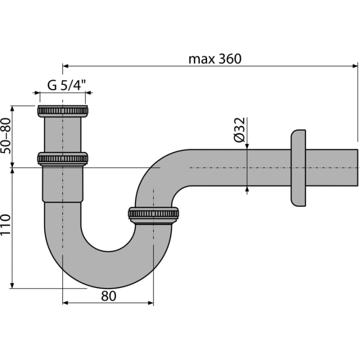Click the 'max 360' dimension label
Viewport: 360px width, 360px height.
click(x=215, y=59)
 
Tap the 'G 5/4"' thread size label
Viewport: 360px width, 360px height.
click(x=66, y=85)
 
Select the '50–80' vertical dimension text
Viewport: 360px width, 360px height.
click(x=5, y=135)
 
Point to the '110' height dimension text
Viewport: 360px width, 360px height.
click(x=5, y=224)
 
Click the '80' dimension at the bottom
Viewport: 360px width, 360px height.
click(x=108, y=296)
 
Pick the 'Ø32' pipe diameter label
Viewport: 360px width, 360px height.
click(x=239, y=129)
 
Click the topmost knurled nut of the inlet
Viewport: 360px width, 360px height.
click(x=62, y=111)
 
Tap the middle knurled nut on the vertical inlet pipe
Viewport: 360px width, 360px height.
click(x=62, y=159)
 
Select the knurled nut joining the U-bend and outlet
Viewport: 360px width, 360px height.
click(x=153, y=215)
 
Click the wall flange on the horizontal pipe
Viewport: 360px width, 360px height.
click(x=298, y=168)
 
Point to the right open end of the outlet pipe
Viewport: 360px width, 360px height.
click(x=357, y=167)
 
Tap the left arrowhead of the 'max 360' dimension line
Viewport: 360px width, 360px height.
click(x=65, y=66)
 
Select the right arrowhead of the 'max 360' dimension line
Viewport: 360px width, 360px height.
click(x=354, y=66)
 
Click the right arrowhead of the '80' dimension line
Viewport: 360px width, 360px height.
click(x=150, y=303)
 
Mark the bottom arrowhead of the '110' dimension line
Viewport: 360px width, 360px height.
click(x=12, y=285)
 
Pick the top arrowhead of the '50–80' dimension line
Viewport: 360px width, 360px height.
click(x=12, y=109)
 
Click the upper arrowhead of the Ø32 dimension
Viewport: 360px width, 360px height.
click(x=247, y=146)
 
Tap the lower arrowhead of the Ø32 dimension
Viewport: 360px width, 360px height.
click(x=247, y=189)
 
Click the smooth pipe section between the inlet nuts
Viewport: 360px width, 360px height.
click(x=62, y=135)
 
